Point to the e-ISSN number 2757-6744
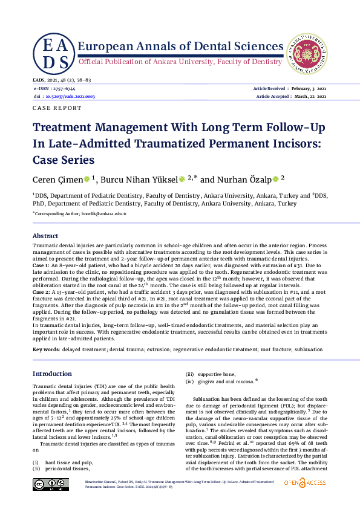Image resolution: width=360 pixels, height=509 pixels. (x=63, y=89)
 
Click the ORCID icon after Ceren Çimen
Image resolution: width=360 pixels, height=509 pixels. (x=87, y=180)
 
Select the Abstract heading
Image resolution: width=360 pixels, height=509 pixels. (x=45, y=236)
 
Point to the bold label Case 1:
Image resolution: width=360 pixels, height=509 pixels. (x=42, y=266)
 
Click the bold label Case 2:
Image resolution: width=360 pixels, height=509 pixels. (x=42, y=291)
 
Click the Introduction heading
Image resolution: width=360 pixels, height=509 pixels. (x=52, y=374)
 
